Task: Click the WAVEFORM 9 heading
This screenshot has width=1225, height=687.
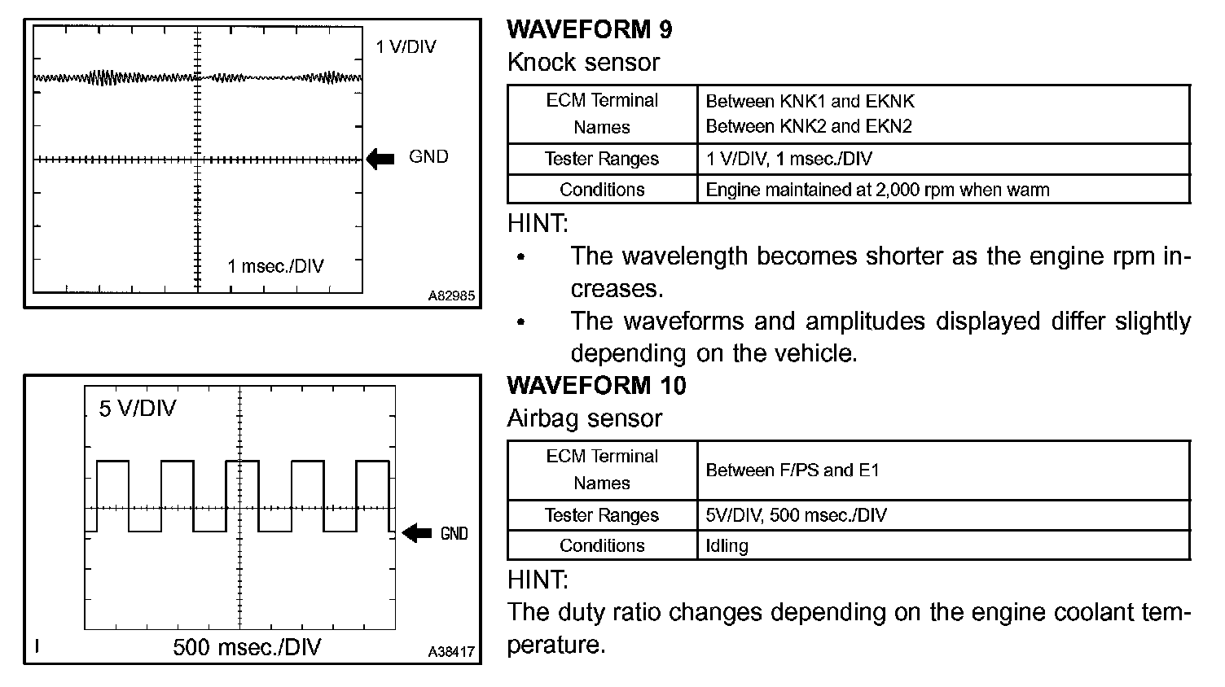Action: (590, 29)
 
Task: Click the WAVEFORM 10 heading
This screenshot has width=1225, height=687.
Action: (596, 385)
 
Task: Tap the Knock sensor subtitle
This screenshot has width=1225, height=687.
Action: (583, 62)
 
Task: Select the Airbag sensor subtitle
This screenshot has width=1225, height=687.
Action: (585, 418)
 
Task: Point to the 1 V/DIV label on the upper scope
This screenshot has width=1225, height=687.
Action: (406, 46)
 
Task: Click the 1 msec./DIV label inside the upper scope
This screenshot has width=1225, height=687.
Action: (275, 266)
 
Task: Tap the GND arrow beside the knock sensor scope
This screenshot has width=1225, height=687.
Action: (380, 158)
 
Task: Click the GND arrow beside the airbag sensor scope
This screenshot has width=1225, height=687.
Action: (417, 533)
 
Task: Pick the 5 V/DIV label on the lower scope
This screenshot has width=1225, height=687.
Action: (138, 408)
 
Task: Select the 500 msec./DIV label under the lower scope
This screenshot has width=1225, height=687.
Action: (247, 647)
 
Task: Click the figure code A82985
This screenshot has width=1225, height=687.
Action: (451, 296)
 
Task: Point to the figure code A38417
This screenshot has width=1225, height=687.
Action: (451, 652)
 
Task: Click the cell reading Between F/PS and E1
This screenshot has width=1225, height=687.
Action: (793, 470)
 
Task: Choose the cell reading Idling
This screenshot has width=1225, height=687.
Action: (727, 545)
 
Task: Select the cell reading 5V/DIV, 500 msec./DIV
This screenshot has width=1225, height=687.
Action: (796, 515)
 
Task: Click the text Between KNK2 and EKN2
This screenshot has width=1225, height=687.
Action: (809, 126)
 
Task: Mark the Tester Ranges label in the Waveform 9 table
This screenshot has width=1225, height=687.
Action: (602, 159)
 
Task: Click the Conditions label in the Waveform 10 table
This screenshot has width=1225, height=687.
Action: (602, 545)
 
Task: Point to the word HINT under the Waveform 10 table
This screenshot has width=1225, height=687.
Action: (538, 580)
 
